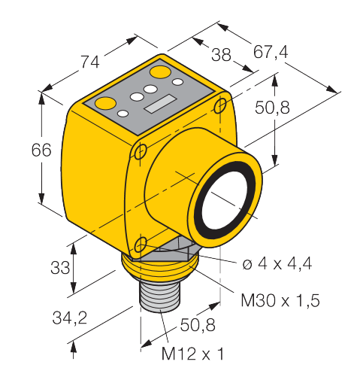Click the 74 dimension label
[90, 62]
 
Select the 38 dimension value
[221, 55]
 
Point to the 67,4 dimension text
[271, 52]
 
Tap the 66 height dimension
[41, 150]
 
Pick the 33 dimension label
[60, 267]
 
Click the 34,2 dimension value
[70, 318]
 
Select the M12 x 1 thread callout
[192, 354]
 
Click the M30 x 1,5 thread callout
[280, 300]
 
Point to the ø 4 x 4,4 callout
[277, 263]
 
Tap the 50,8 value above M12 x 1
[198, 325]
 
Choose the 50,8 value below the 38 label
[272, 108]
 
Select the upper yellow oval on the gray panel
[160, 72]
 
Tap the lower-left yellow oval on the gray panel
[106, 103]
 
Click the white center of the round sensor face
[225, 200]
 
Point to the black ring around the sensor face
[197, 201]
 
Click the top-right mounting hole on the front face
[220, 106]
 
